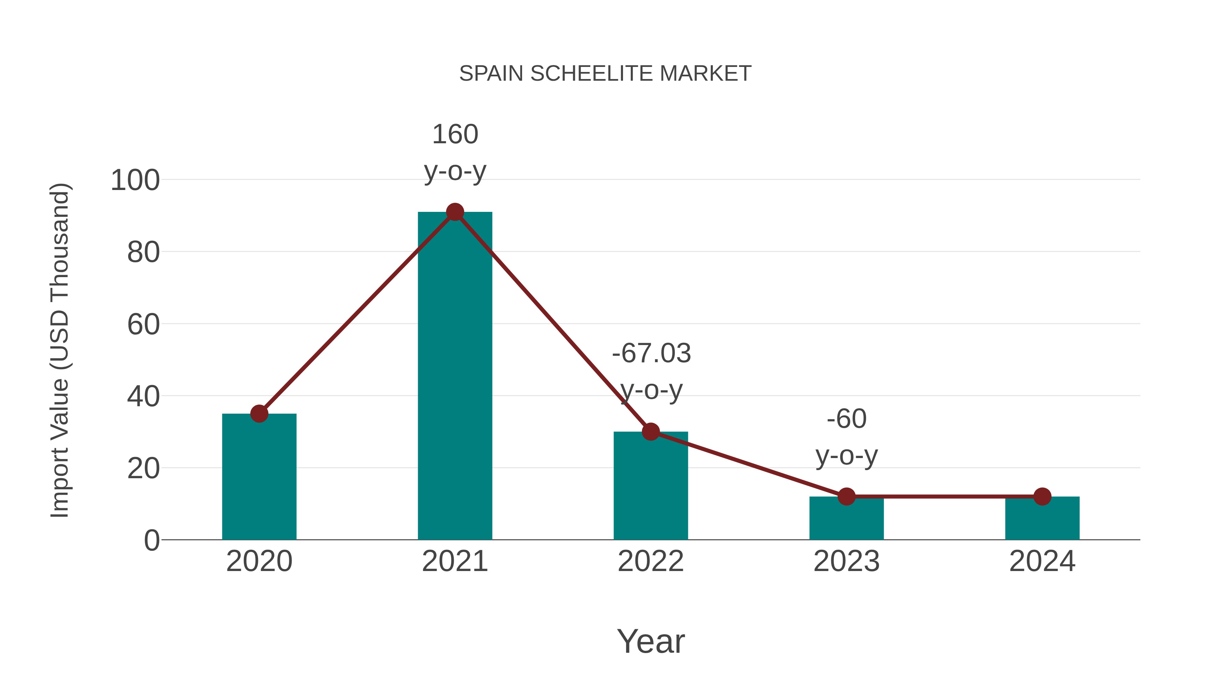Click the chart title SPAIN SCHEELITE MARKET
pos(605,74)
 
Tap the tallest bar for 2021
pos(454,376)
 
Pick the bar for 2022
pos(651,489)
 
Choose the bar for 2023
pos(846,519)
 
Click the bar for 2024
pos(1042,519)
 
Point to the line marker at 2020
pos(259,414)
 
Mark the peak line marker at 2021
pos(454,212)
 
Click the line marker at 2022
pos(651,431)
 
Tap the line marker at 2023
pos(846,496)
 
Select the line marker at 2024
pos(1042,496)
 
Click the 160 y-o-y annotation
pos(454,152)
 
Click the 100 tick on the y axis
pos(135,181)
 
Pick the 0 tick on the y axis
pos(152,540)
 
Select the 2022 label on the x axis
pos(651,561)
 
